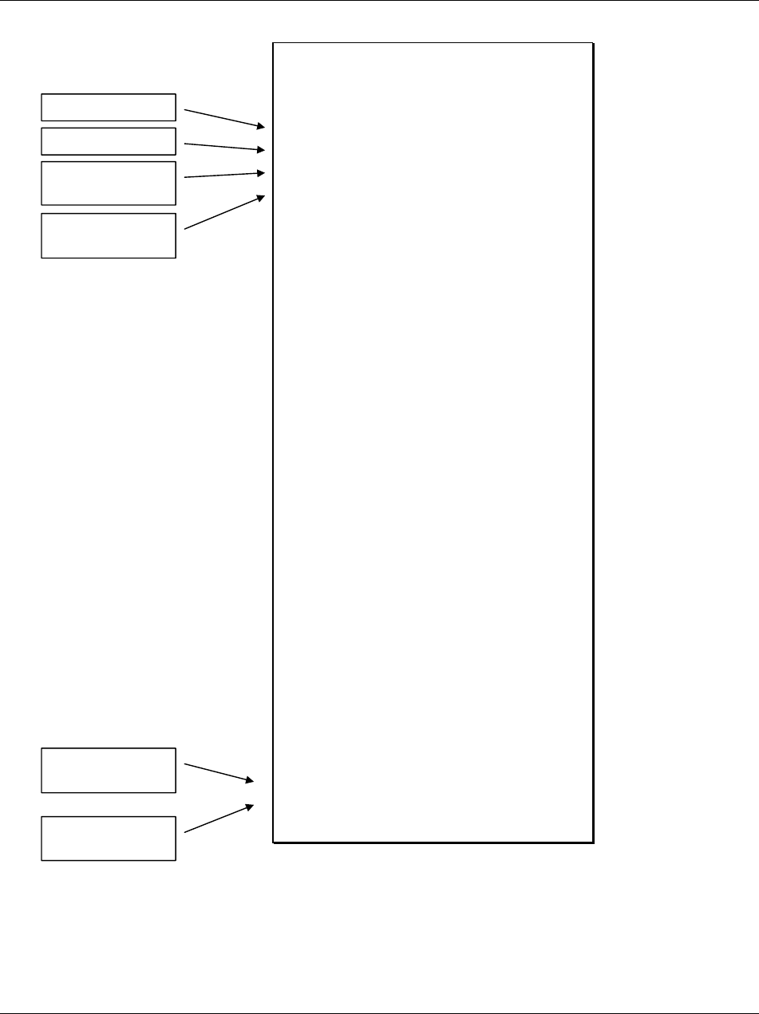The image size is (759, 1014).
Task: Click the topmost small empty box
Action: pos(108,107)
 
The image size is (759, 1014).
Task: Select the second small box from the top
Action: pos(108,140)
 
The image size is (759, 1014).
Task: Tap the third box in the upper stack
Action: pos(108,183)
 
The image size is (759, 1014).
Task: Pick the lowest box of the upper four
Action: pos(108,235)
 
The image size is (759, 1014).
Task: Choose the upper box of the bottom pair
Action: pos(108,770)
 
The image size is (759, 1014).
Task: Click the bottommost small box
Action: pos(108,838)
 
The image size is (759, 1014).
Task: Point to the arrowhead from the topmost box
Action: pos(261,126)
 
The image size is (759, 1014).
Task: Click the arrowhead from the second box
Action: pos(261,149)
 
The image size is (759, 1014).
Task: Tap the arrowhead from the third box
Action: pos(261,172)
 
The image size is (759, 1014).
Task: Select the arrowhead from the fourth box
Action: pos(261,196)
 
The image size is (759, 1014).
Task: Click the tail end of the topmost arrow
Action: pos(185,109)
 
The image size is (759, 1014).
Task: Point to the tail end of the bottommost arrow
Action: pos(185,833)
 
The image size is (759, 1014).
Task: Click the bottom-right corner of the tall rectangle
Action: pos(593,842)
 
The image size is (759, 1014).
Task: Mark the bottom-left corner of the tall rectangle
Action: pos(274,842)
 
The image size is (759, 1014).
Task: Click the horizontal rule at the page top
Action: pos(379,2)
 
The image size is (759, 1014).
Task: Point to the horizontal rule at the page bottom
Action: pos(379,1012)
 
